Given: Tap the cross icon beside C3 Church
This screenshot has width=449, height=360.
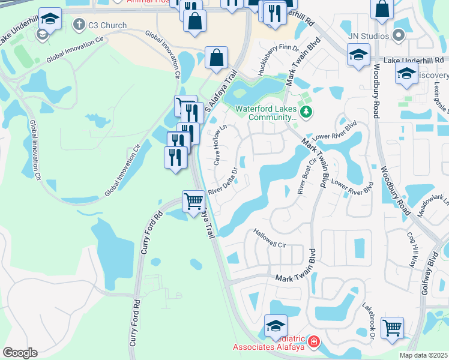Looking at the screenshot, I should pyautogui.click(x=79, y=25).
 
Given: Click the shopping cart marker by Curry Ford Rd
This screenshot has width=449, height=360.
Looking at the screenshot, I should pyautogui.click(x=193, y=201).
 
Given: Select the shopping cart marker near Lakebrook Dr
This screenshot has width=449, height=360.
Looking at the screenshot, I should pyautogui.click(x=392, y=328).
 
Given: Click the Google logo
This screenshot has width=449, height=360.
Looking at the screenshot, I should pyautogui.click(x=20, y=353).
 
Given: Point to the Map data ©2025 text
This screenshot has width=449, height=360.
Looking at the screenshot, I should pyautogui.click(x=423, y=355).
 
